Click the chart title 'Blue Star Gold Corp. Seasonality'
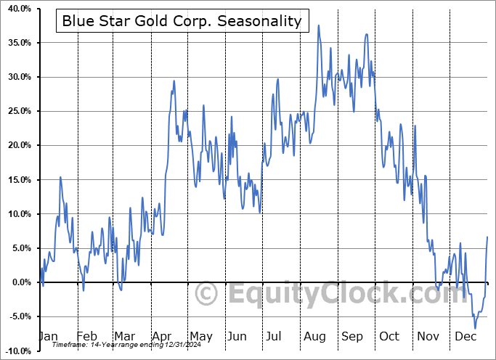181,21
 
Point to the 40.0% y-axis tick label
17,9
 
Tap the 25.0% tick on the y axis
17,111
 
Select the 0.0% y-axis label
19,282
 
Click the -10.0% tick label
15,351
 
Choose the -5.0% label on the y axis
17,316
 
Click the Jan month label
47,336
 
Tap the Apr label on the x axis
162,336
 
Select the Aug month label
314,336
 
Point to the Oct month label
390,336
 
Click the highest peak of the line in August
318,25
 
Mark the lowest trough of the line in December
476,329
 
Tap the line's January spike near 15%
60,177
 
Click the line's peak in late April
174,81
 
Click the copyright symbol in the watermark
207,295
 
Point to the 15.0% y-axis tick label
17,179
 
